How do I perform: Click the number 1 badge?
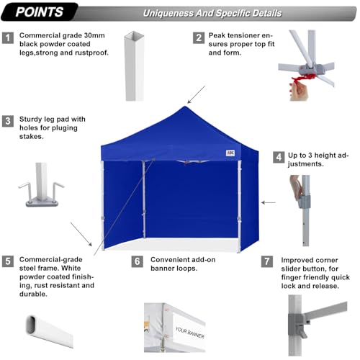tap(8, 38)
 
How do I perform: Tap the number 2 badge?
tap(198, 38)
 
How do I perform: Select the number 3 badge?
tap(8, 120)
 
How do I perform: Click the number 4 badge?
tap(279, 156)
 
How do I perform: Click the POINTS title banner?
tap(39, 12)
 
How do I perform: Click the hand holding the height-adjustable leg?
tap(294, 189)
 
